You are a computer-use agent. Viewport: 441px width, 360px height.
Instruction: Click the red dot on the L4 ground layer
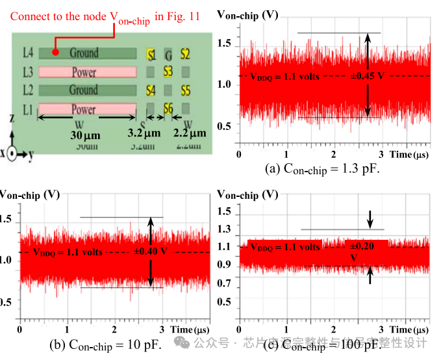(56, 52)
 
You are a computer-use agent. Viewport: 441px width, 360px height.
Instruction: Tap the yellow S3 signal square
(168, 71)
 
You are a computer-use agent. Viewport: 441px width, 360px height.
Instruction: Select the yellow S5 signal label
(186, 91)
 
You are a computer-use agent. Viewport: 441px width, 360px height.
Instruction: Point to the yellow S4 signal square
(151, 91)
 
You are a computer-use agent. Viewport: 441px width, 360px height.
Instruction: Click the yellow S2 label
(186, 54)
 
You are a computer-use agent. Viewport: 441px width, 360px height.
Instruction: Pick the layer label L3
(27, 71)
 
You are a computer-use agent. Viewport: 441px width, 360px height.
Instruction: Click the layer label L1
(27, 109)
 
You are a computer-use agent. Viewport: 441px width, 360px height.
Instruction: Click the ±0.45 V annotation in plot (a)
(367, 76)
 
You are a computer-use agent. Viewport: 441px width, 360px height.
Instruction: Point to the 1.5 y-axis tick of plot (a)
(225, 44)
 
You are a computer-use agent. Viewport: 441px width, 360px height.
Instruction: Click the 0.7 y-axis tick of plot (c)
(225, 284)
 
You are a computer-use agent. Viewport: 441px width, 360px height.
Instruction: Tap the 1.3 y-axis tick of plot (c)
(225, 229)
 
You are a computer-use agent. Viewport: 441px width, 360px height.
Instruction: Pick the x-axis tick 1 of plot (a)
(286, 154)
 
